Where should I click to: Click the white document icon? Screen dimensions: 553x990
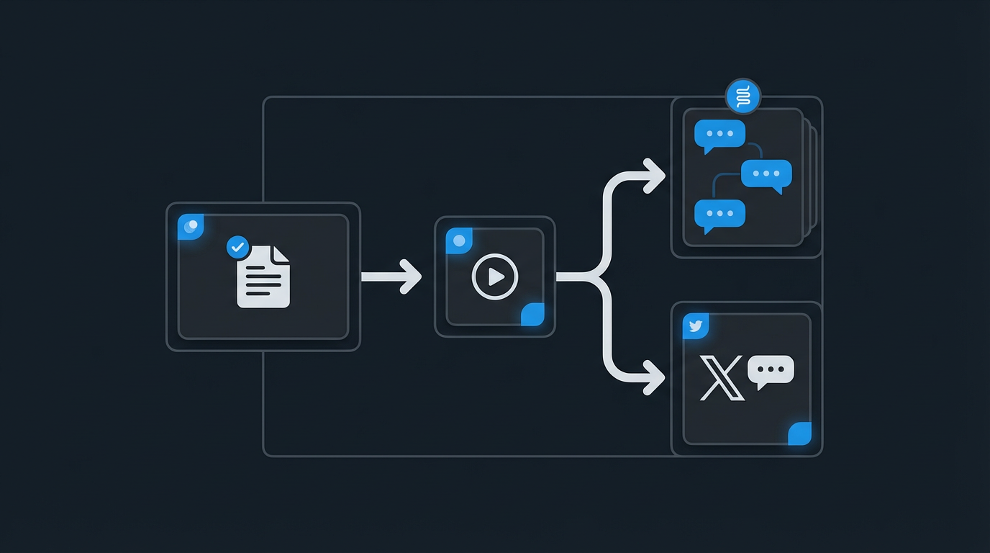click(263, 276)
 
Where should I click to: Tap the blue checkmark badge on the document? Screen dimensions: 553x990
click(237, 247)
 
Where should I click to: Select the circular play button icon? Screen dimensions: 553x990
click(495, 276)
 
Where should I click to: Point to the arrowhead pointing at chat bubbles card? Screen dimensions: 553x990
click(655, 176)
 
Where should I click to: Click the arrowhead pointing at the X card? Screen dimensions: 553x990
click(655, 377)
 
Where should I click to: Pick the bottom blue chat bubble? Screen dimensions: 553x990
click(719, 215)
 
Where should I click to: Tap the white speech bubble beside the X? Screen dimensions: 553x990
click(771, 371)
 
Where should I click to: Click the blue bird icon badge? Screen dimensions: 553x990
click(696, 326)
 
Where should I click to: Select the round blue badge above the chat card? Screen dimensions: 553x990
click(743, 96)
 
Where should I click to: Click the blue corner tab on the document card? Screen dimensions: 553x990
click(191, 227)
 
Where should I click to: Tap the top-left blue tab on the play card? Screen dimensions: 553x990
click(459, 241)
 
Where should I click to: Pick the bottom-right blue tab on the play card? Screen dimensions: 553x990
click(532, 314)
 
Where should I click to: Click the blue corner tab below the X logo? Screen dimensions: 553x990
click(799, 433)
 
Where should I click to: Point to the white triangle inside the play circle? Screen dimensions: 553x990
click(496, 276)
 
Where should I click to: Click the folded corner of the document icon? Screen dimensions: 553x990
click(281, 253)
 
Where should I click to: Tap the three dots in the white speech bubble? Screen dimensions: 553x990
click(771, 369)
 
